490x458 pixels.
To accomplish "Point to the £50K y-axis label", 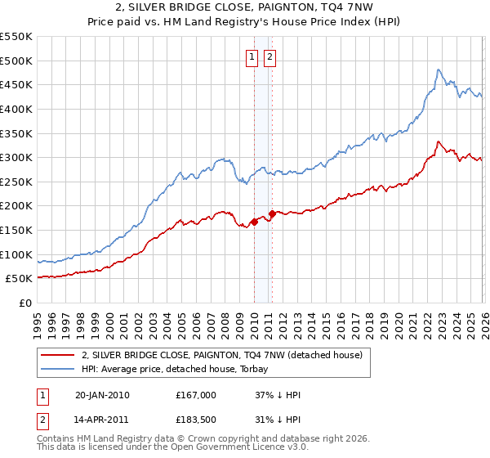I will click(x=20, y=279).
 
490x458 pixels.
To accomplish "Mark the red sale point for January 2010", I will click(x=254, y=222).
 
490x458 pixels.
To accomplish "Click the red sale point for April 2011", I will click(x=272, y=213).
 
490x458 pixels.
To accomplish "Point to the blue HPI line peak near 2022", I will click(x=439, y=70).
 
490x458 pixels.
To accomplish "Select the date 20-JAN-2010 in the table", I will click(x=102, y=395).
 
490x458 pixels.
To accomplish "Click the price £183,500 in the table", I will click(x=195, y=421).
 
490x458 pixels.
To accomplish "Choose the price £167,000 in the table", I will click(x=195, y=395).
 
